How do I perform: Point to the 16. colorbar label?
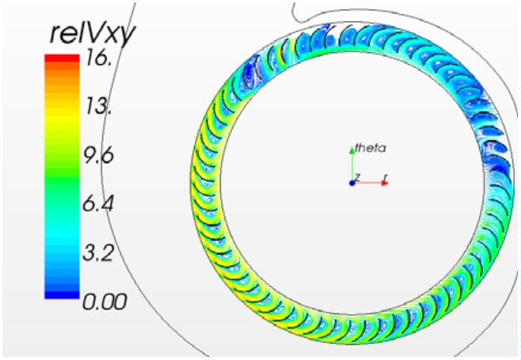click(97, 60)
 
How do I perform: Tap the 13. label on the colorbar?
click(97, 107)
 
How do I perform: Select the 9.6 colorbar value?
click(98, 155)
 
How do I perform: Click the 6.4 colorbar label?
click(98, 203)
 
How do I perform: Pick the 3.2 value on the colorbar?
click(98, 252)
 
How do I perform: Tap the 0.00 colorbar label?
click(105, 302)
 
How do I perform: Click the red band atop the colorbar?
click(62, 58)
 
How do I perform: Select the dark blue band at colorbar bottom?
click(62, 294)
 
